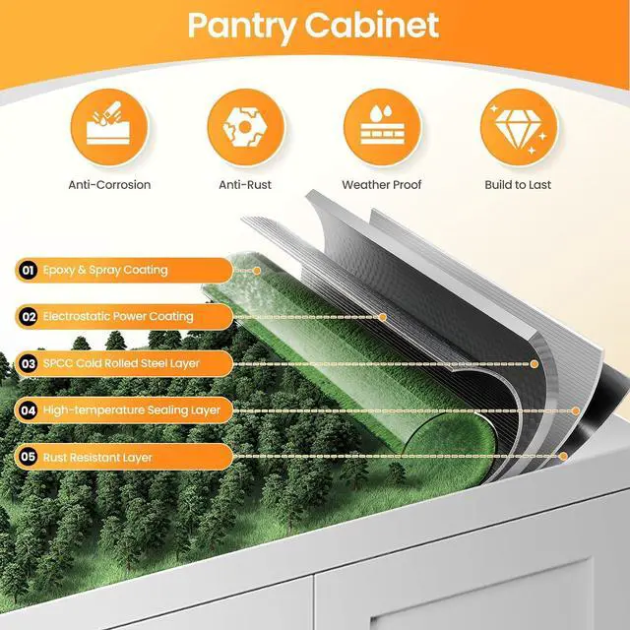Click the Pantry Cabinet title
(313, 27)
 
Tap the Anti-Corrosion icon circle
(109, 127)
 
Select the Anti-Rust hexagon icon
(245, 127)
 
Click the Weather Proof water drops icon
(382, 125)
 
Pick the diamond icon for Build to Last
(519, 129)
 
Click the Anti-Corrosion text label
(109, 185)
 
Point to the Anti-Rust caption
(245, 185)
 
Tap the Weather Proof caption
(382, 185)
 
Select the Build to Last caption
(518, 185)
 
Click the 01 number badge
(28, 270)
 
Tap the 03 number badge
(29, 363)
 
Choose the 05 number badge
(29, 457)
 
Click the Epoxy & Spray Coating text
(105, 270)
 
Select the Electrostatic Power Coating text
(118, 317)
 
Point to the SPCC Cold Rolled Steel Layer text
(121, 363)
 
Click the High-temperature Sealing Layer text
(132, 410)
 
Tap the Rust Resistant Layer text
(97, 457)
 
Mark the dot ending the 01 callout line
(257, 271)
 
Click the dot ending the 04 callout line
(576, 410)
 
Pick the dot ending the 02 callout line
(383, 317)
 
